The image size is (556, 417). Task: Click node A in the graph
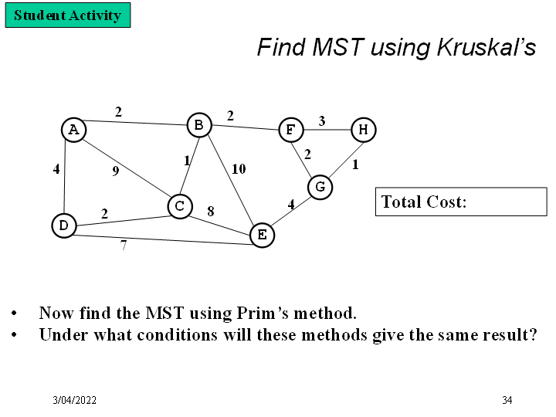pos(73,130)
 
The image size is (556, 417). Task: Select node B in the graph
pos(199,124)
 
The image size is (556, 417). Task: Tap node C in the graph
pos(179,206)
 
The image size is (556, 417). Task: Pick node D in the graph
pos(64,225)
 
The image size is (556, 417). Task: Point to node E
pos(262,235)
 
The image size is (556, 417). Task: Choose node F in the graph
pos(290,130)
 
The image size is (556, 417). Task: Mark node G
pos(320,187)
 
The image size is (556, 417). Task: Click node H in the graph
pos(363,130)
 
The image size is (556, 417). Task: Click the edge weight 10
pos(239,169)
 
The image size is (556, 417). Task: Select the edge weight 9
pos(115,171)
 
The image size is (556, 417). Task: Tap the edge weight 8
pos(210,210)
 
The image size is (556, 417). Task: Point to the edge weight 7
pos(123,246)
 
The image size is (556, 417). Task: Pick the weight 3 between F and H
pos(322,120)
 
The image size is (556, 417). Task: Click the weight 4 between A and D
pos(56,169)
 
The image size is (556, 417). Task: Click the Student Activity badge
pos(68,15)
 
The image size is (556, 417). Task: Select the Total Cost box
pos(460,202)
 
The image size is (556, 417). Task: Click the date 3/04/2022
pos(75,400)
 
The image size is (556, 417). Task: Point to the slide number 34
pos(507,400)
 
